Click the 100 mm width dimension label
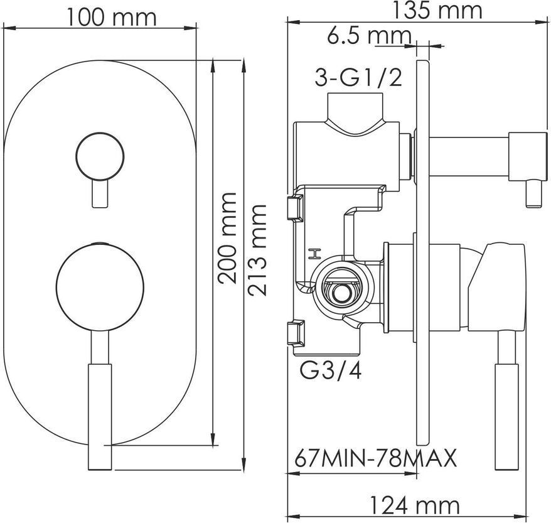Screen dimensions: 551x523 tap(111, 18)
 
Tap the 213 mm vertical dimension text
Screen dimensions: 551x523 tap(257, 250)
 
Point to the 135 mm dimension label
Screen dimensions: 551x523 tap(437, 11)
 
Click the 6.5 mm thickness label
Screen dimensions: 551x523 tap(369, 36)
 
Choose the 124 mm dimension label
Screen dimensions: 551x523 tap(415, 506)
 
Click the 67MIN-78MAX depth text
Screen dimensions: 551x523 tap(375, 458)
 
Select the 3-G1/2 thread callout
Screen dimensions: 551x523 tap(358, 78)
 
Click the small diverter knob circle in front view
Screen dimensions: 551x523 tap(100, 156)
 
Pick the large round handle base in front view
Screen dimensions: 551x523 tap(100, 288)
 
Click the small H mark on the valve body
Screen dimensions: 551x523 tap(314, 254)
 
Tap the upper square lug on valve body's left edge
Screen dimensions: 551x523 tap(295, 208)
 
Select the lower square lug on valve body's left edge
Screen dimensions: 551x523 tap(296, 332)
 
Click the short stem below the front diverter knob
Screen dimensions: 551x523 tap(99, 193)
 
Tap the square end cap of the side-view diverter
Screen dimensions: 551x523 tap(528, 157)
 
